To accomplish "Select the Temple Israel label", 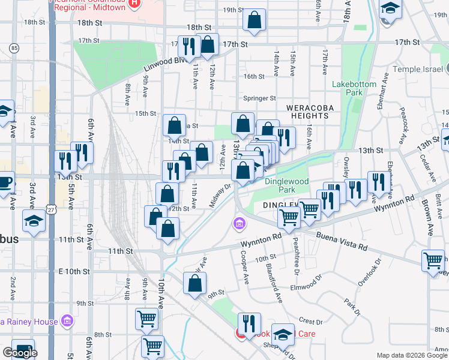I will coord(420,70).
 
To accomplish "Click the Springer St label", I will coord(259,98).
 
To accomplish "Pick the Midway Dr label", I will coord(220,196).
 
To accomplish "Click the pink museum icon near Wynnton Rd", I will coord(240,224).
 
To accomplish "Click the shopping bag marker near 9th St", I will coord(194,284).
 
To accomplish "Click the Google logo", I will coord(20,353).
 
